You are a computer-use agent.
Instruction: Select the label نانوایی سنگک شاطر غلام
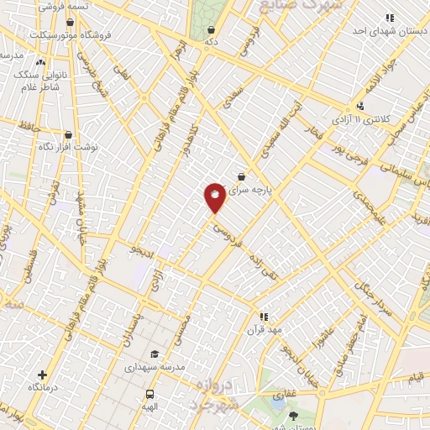(x=39, y=81)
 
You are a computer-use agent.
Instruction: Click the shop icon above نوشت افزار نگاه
(x=69, y=134)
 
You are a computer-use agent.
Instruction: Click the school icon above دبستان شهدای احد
(x=389, y=18)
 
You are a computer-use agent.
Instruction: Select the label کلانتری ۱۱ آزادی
(x=363, y=120)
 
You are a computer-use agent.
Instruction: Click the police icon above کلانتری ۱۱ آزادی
(x=360, y=106)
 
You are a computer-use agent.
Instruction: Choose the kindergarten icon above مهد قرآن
(x=264, y=317)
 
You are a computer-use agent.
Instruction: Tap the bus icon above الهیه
(x=150, y=394)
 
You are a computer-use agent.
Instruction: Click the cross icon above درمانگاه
(x=43, y=375)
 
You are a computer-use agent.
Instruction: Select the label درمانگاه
(x=43, y=387)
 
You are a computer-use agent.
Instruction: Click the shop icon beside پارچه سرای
(x=242, y=176)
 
